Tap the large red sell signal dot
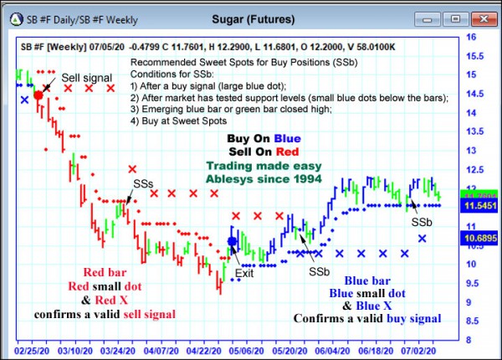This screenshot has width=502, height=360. pos(38,97)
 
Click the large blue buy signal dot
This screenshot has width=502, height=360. pos(233,242)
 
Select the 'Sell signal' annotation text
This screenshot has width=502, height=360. pos(86,78)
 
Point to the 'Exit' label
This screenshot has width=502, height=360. pos(243,273)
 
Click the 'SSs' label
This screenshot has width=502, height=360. pos(144,183)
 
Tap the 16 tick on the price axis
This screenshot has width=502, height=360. pos(471,38)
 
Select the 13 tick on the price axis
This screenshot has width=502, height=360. pos(471,151)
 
